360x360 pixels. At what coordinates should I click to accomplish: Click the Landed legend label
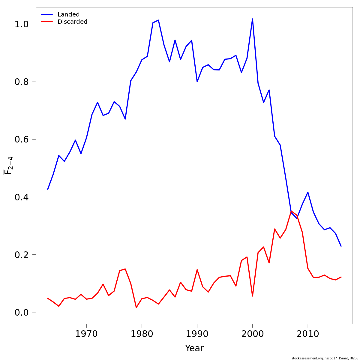coord(68,14)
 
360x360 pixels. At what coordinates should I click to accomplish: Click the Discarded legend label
coord(72,22)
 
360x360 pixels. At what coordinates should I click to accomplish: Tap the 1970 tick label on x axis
coord(86,334)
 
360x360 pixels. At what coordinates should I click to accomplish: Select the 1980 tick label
coord(142,334)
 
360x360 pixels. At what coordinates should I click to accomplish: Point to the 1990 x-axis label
coord(197,334)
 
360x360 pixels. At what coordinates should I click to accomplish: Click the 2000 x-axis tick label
coord(252,334)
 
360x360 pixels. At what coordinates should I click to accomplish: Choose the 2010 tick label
coord(308,334)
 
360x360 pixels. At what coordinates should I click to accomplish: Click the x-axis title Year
coord(194,348)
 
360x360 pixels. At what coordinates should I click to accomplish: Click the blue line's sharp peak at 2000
coord(252,19)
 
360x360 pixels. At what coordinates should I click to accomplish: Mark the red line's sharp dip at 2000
coord(252,296)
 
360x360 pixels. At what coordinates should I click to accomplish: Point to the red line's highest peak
coord(291,211)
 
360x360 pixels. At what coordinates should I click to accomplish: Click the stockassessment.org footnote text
coord(325,358)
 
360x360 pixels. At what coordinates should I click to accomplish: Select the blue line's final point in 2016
coord(341,246)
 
